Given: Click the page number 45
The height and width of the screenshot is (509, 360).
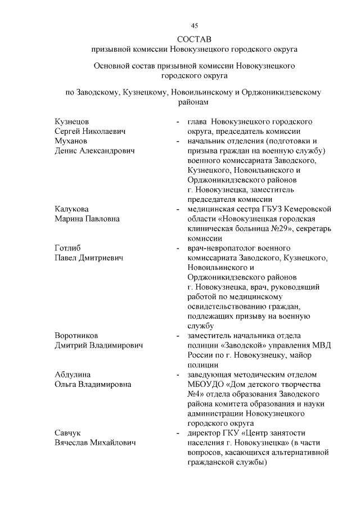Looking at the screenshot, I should click(x=194, y=25).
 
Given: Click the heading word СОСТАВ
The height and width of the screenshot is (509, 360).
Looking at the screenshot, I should click(x=194, y=39).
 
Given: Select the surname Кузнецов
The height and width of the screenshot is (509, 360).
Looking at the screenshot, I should click(x=71, y=121).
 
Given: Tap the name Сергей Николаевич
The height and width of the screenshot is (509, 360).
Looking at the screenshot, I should click(x=89, y=131).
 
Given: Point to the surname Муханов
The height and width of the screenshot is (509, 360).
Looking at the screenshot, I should click(x=71, y=141).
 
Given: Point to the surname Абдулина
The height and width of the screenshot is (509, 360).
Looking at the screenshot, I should click(x=73, y=375).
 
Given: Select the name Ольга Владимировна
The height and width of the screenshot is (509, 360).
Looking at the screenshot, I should click(x=93, y=384).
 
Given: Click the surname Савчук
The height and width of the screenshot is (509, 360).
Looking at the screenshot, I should click(x=67, y=433).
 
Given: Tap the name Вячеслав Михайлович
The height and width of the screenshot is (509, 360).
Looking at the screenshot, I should click(x=96, y=443).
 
